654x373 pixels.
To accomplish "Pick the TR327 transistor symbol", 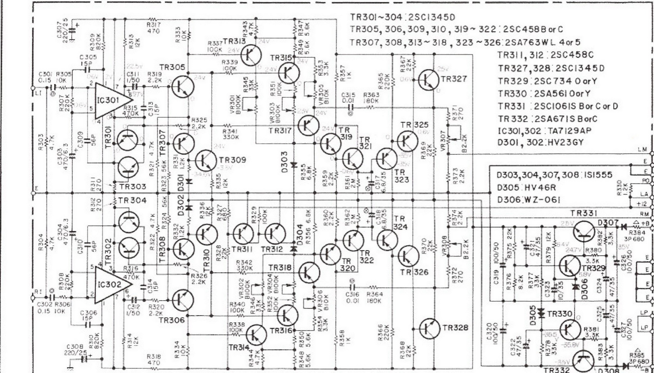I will [429, 80].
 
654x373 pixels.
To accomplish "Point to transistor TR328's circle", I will [430, 329].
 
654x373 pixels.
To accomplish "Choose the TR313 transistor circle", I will [251, 55].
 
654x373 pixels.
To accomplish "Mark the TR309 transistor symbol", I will [206, 160].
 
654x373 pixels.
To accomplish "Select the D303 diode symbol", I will [294, 165].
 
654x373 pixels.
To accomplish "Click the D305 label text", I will [532, 316].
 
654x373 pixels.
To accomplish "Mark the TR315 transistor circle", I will [289, 73].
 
